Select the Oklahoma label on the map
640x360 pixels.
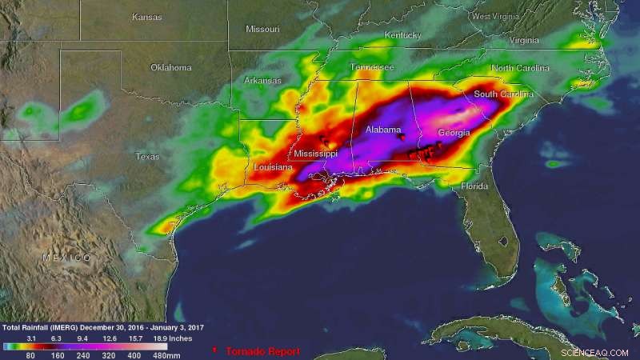coord(170,67)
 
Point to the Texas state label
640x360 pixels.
coord(148,156)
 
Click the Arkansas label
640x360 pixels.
coord(262,81)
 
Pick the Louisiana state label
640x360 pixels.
coord(272,167)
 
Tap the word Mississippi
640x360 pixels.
coord(315,153)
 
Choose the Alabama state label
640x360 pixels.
coord(383,130)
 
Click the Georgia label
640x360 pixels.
coord(454,134)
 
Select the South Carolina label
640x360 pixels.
coord(505,94)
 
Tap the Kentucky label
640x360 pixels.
coord(402,35)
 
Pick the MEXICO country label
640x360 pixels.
coord(66,257)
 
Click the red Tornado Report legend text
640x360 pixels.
coord(262,351)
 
